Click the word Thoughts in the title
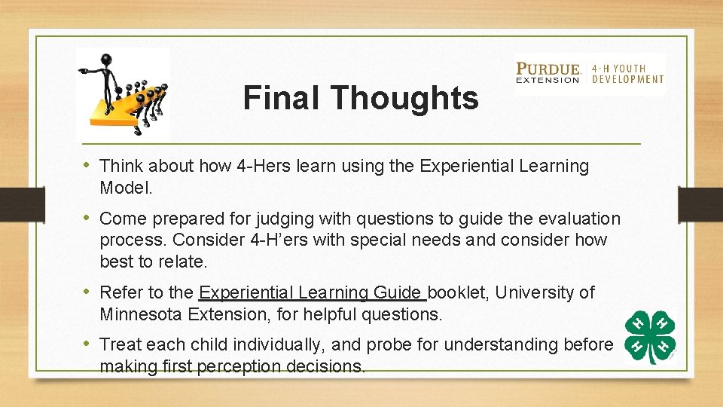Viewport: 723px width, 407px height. (404, 98)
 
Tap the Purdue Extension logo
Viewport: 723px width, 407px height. (548, 73)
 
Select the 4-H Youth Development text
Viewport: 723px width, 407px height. (628, 73)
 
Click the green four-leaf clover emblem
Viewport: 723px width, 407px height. (649, 337)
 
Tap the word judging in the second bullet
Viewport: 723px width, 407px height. (258, 219)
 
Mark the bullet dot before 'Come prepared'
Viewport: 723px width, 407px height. (87, 219)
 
